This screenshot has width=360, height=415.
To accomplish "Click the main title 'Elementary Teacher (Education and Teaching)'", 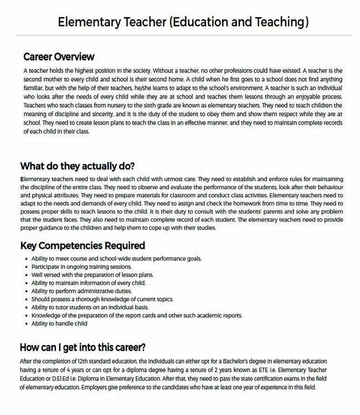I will coord(183,22).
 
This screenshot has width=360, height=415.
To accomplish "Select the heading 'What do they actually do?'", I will coord(78,166).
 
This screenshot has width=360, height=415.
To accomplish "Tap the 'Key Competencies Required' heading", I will coord(83,245).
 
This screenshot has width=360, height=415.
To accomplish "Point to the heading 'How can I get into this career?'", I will coord(83,347).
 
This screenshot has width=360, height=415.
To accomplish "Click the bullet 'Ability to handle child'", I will coord(59,323).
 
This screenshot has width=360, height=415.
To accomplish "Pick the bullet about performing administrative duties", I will coord(81,290).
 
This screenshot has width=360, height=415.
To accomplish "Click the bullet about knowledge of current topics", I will coord(102,299).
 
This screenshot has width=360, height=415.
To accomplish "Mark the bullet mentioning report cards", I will coord(136,315).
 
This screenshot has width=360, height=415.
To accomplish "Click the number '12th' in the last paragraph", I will coord(79,361).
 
